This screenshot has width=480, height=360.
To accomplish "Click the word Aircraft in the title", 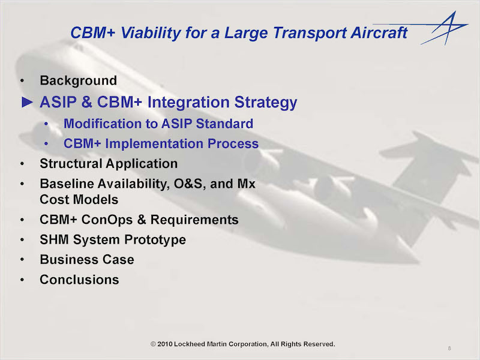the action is pos(379,32).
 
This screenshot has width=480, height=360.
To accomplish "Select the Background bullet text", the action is pos(78,81).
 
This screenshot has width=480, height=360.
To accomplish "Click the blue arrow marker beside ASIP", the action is pos(27,102).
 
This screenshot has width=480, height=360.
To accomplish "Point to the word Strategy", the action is pos(265,103).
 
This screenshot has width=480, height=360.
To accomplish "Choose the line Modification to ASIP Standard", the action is pos(158,124).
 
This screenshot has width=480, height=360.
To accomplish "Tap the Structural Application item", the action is pos(109,164).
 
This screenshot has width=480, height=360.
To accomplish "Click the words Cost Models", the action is pos(79,200).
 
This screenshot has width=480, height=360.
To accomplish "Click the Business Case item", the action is pos(87,260).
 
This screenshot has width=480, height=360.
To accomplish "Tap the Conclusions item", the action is pos(79,280).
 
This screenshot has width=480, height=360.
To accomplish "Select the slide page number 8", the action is pos(449,348).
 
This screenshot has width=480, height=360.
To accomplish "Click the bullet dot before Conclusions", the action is pos(22,280).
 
